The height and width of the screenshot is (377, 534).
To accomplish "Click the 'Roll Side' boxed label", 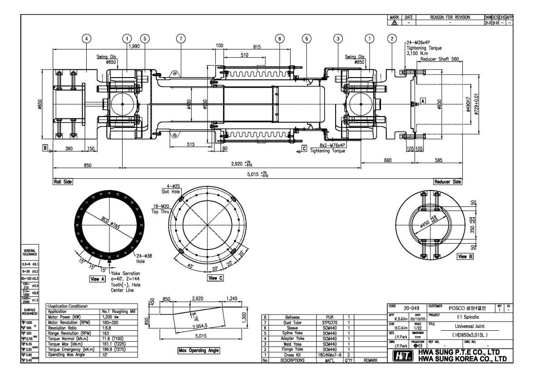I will (x=62, y=181).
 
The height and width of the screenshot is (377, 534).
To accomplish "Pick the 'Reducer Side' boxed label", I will (x=447, y=181).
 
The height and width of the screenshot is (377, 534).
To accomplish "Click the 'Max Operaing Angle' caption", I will (x=198, y=351).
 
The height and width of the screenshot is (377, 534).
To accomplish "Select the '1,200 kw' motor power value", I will (x=109, y=318).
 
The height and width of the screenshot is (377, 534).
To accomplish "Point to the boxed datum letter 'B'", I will (x=45, y=147).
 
